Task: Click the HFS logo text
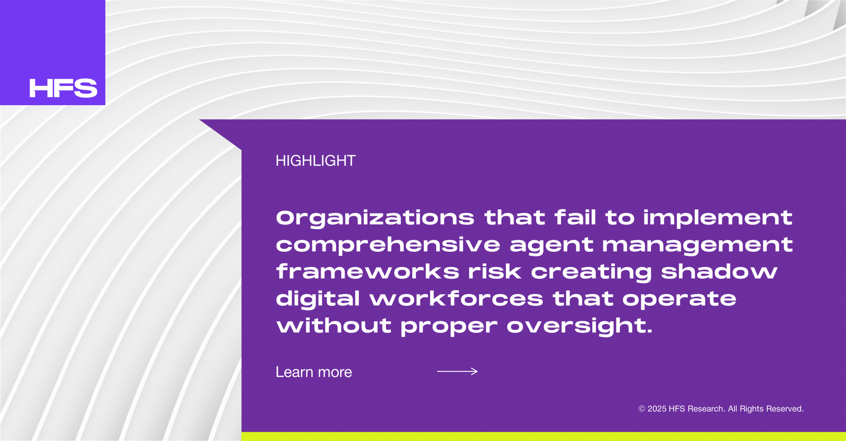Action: [x=63, y=88]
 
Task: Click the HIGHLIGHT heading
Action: [x=315, y=161]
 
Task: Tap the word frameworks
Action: [x=367, y=272]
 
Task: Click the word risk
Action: [x=495, y=272]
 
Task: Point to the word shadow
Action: [x=719, y=272]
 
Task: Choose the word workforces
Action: [x=456, y=299]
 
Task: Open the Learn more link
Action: [x=314, y=372]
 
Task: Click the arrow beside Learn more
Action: [x=457, y=371]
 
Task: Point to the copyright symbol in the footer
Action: [x=642, y=409]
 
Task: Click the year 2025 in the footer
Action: [x=657, y=409]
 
